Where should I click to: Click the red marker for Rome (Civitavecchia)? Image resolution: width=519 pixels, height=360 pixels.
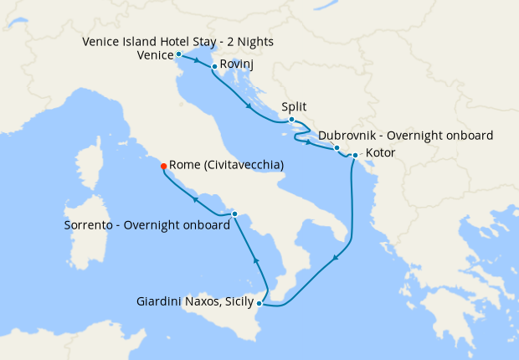point(163,166)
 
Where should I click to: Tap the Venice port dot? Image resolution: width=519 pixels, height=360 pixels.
point(178,54)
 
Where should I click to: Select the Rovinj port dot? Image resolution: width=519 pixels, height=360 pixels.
point(215,66)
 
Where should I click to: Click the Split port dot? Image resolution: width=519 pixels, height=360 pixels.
point(291,120)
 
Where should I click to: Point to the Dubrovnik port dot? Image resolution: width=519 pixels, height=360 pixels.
point(337,148)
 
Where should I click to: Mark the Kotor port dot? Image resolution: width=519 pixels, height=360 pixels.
point(355,155)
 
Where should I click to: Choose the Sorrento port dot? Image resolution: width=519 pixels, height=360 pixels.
point(234,214)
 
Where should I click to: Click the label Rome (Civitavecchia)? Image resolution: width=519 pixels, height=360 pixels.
point(226,166)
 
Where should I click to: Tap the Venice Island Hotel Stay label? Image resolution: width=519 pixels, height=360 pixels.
point(178,42)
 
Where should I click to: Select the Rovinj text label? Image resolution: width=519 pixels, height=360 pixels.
point(237,64)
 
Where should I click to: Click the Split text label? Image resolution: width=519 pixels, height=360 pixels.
point(295,107)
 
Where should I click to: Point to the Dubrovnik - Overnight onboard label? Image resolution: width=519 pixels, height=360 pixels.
point(405,135)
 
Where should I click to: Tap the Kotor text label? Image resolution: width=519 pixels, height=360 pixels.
point(381,153)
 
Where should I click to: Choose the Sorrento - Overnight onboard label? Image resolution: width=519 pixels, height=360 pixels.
point(146,226)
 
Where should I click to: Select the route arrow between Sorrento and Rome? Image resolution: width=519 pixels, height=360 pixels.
point(194,199)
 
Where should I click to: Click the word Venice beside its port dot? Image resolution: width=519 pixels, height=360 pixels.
point(154,56)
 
